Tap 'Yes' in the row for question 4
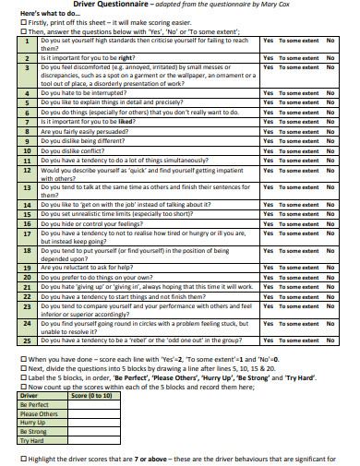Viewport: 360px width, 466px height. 268,93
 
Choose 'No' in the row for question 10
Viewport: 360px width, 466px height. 330,150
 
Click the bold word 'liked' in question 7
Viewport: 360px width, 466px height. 126,122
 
